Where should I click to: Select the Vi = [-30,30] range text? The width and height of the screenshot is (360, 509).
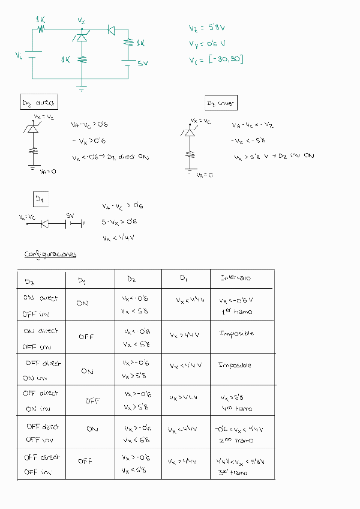pos(216,59)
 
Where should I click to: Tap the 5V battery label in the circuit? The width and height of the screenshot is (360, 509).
pos(142,62)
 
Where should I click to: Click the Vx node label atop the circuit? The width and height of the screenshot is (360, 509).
pos(82,20)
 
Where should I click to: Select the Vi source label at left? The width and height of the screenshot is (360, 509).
pos(19,55)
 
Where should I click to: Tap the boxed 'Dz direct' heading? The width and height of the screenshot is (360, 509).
pos(38,103)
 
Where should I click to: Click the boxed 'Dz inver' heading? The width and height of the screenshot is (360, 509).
pos(220,103)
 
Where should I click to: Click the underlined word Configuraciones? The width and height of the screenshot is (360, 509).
pos(50,254)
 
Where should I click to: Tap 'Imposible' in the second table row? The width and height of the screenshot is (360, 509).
pos(236,333)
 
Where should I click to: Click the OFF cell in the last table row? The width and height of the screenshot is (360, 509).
pos(85,461)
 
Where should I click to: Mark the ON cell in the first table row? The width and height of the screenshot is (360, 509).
pos(82,303)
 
